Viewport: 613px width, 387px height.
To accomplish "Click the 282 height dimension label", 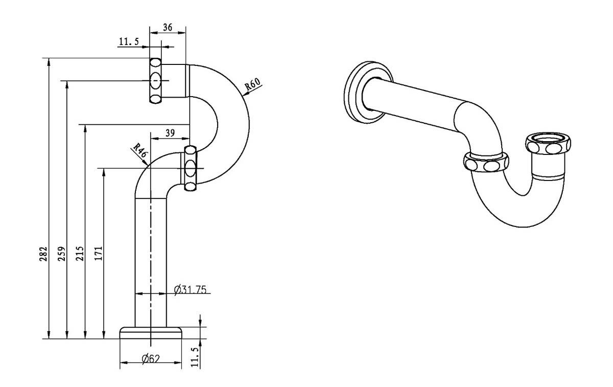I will tap(43, 254).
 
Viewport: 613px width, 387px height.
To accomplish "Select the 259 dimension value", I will tap(61, 254).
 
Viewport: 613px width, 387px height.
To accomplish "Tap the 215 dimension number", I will tap(80, 254).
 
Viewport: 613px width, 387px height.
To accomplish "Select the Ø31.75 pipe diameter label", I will tap(190, 290).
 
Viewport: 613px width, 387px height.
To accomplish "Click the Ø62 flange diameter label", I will tap(151, 358).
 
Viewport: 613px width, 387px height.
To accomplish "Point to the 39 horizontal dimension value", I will tap(171, 133).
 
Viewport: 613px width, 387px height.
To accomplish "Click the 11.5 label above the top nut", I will tap(128, 42).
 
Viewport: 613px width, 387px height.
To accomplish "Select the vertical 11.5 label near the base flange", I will tap(194, 356).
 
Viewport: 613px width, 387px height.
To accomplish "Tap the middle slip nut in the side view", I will tap(190, 168).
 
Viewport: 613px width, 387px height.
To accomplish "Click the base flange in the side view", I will tap(151, 332).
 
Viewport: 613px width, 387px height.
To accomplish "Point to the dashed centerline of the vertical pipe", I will tap(151, 256).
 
